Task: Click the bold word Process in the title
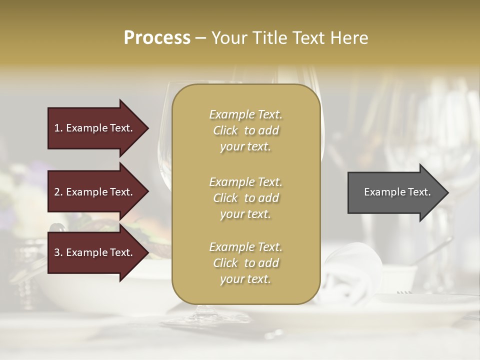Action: point(157,38)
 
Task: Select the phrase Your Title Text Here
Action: point(290,38)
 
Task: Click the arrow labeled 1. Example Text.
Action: point(95,128)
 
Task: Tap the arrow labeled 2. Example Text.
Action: point(95,192)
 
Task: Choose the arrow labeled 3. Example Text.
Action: point(95,252)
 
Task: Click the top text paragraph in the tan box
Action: point(245,130)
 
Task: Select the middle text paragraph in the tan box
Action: point(245,197)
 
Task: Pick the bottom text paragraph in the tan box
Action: point(245,263)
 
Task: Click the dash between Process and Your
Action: point(201,38)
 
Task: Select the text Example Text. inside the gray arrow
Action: point(397,192)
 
